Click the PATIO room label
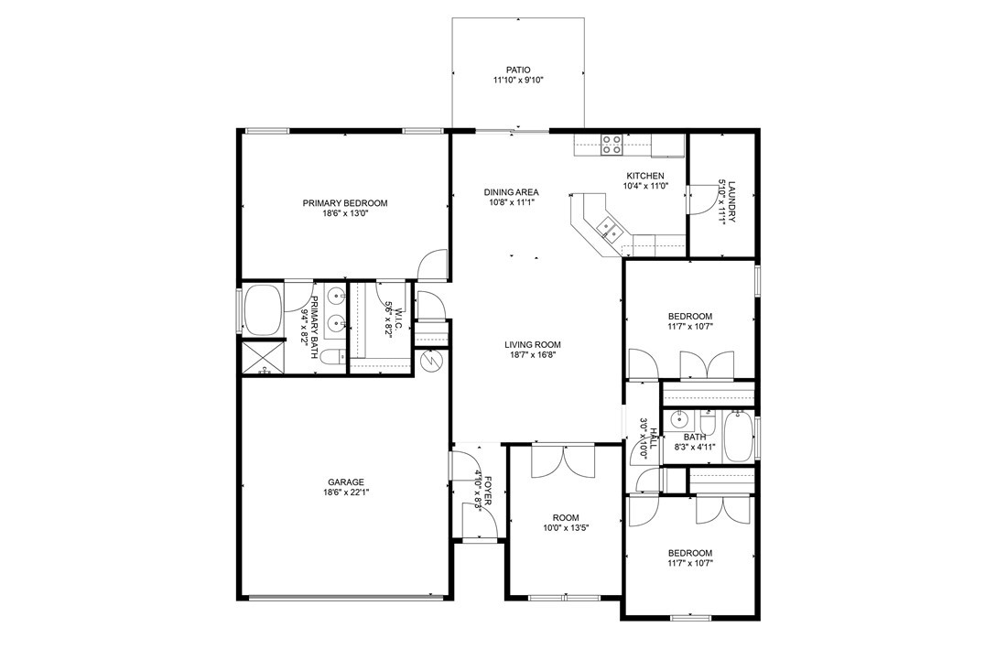coord(518,70)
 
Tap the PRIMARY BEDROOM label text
coord(345,203)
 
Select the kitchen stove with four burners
coord(611,142)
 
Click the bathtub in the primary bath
coord(263,310)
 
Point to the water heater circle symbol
coord(431,362)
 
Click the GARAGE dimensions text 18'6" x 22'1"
coord(346,492)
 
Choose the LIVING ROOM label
coord(532,345)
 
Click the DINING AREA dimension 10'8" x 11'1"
coord(511,203)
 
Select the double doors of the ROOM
coord(565,459)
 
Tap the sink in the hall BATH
coord(678,421)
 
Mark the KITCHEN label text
coord(644,176)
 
